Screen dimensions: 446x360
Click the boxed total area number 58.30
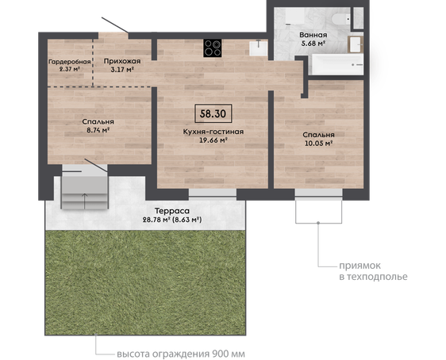[x=213, y=113]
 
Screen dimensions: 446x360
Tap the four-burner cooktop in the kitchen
[x=213, y=48]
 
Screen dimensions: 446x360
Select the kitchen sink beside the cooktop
[x=259, y=48]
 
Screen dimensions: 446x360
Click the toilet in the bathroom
[x=341, y=19]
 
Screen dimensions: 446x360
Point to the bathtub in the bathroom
[x=337, y=64]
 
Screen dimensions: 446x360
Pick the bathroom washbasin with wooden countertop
[x=356, y=44]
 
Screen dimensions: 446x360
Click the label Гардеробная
[x=69, y=62]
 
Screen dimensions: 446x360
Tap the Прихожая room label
[x=122, y=61]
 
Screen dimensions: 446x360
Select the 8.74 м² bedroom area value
[x=98, y=130]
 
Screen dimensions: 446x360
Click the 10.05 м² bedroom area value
[x=318, y=144]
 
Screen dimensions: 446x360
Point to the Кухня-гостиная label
[x=213, y=132]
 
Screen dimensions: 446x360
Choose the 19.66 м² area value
[x=213, y=140]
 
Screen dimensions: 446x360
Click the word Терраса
[x=171, y=211]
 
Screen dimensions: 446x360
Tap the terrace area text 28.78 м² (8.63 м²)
[x=172, y=220]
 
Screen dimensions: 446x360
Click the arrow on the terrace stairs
[x=84, y=201]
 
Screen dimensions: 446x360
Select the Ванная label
[x=313, y=35]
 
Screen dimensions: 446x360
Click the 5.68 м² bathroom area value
[x=313, y=44]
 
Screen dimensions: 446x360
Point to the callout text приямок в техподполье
[x=373, y=271]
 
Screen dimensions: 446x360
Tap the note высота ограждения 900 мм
[x=181, y=354]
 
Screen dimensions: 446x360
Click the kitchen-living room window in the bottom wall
[x=213, y=193]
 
